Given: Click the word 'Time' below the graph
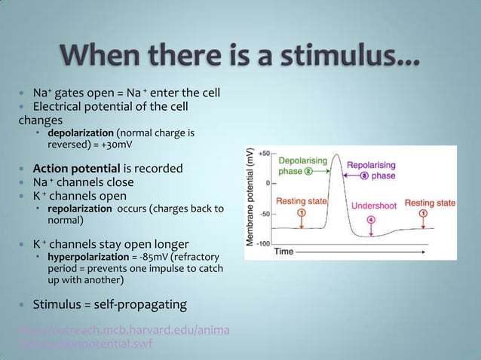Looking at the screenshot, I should pyautogui.click(x=284, y=251).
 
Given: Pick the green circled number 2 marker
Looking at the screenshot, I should pyautogui.click(x=310, y=171).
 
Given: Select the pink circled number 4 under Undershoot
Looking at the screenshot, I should pyautogui.click(x=370, y=219).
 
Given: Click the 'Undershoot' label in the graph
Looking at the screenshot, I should pyautogui.click(x=375, y=204).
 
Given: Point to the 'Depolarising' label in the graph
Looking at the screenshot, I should pyautogui.click(x=302, y=160).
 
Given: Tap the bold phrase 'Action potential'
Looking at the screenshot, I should pyautogui.click(x=76, y=167).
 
